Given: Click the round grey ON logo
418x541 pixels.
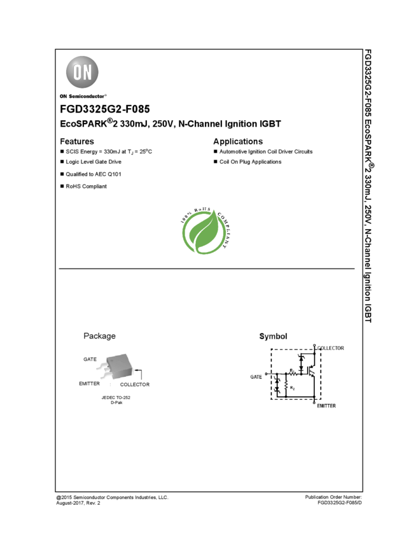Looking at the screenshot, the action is click(x=83, y=73).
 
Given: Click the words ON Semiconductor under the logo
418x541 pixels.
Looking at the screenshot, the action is click(x=83, y=97).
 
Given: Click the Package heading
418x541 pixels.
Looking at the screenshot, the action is click(x=99, y=336).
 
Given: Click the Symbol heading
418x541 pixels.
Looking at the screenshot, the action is click(x=273, y=336).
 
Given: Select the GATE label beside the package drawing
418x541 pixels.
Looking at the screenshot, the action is click(x=90, y=360).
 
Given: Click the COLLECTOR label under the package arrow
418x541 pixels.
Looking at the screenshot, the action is click(x=135, y=384).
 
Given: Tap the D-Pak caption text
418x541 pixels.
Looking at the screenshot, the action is click(x=116, y=402).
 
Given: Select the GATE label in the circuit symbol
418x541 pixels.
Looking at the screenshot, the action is click(x=256, y=377).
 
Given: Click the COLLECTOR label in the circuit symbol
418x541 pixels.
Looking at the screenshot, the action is click(x=331, y=348).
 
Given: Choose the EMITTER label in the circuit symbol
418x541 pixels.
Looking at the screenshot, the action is click(x=326, y=405).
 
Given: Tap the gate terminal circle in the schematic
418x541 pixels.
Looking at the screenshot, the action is click(x=265, y=374).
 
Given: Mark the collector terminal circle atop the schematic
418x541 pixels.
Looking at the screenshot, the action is click(x=315, y=346).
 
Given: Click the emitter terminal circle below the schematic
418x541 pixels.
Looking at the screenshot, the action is click(x=315, y=402).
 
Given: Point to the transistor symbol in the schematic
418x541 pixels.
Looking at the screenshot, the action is click(x=312, y=370).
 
